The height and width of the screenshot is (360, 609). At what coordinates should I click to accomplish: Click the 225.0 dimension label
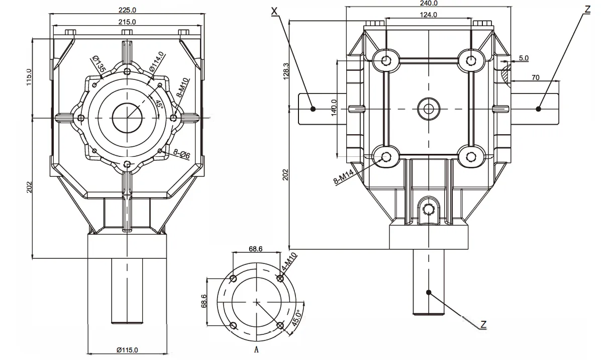point(127,10)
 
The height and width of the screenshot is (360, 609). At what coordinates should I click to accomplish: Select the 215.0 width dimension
point(127,22)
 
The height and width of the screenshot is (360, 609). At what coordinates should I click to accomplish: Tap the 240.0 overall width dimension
point(428,3)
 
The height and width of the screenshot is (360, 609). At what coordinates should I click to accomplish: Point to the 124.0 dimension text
point(428,15)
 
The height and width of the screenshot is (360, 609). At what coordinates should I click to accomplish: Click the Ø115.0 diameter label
point(127,349)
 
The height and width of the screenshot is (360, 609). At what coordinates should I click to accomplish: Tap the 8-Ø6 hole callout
point(181,154)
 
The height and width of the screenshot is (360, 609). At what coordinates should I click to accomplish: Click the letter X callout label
point(274,10)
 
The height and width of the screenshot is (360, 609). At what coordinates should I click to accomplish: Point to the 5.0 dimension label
point(523,58)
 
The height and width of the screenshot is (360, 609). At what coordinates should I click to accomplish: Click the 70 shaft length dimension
point(535,77)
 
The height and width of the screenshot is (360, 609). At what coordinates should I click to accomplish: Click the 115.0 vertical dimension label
point(29,77)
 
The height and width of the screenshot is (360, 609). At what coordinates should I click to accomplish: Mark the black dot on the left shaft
point(313,109)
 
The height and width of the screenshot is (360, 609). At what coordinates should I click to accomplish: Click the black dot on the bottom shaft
point(429,291)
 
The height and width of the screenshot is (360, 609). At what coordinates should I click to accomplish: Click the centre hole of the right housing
point(428,108)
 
